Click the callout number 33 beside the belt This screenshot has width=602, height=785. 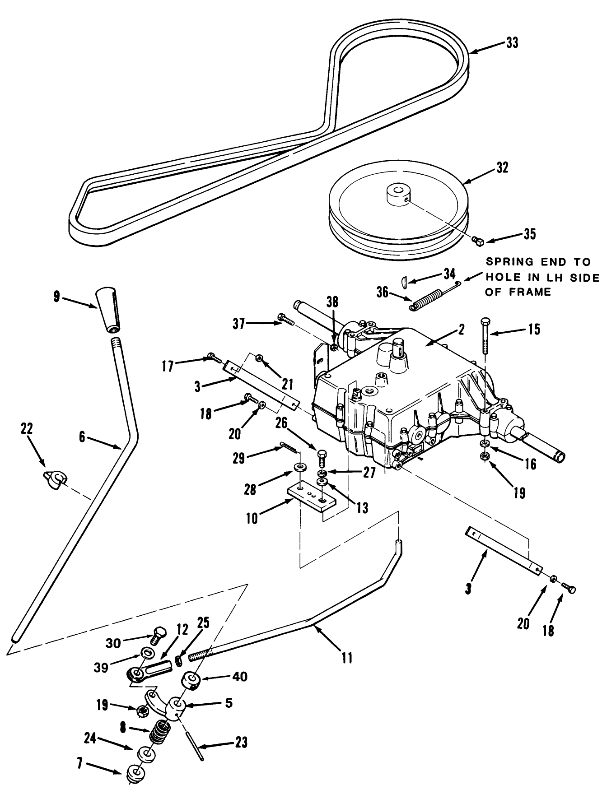coord(512,43)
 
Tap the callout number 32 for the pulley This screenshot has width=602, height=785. coord(502,167)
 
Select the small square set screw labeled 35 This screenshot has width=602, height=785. coord(479,241)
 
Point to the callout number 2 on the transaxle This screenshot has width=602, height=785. coord(461,330)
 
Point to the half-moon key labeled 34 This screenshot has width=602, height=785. coord(405,281)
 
